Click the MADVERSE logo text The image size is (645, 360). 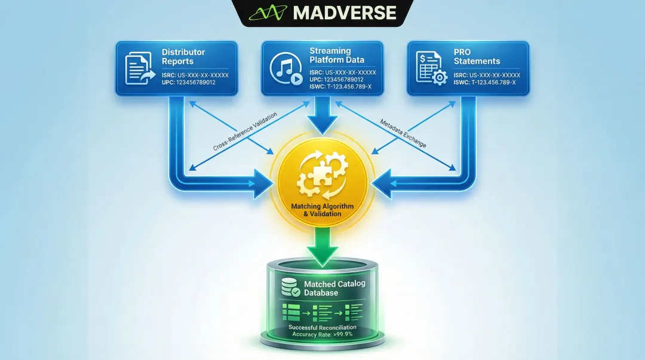pyautogui.click(x=345, y=13)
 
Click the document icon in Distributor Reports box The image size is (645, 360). pyautogui.click(x=137, y=67)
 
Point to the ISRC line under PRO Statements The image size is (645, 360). pyautogui.click(x=487, y=75)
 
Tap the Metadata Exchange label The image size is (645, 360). pyautogui.click(x=404, y=132)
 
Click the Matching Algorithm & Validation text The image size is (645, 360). pyautogui.click(x=322, y=210)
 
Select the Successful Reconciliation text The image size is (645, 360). pyautogui.click(x=322, y=327)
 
